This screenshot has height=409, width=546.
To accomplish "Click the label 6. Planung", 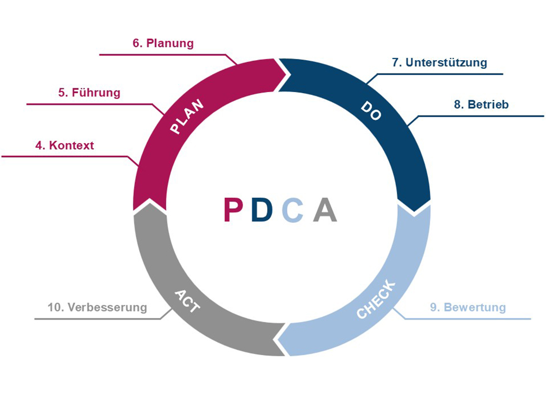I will click(x=163, y=43).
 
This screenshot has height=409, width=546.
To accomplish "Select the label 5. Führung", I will click(x=89, y=93).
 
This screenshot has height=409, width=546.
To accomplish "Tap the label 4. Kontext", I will click(x=65, y=145).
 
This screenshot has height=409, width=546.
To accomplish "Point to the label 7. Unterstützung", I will click(x=439, y=62).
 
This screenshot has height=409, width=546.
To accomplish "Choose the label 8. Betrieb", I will click(x=481, y=104).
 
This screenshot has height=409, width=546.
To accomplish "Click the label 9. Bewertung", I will click(x=468, y=307).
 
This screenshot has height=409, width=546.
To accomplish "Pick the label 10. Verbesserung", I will click(x=97, y=307).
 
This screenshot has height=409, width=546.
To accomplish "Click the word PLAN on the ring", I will click(x=186, y=118).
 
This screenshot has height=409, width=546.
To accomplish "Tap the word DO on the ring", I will click(x=371, y=111).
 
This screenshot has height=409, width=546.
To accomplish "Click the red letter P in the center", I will click(x=234, y=210).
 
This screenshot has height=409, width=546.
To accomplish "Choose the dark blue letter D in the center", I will click(x=262, y=210).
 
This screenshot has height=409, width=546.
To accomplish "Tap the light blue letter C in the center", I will click(x=293, y=210).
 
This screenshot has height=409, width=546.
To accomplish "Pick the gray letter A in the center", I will click(x=325, y=210).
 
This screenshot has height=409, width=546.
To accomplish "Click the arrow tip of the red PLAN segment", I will click(x=286, y=72).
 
